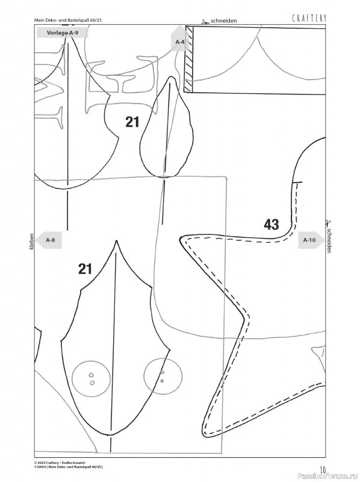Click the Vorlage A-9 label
(63, 33)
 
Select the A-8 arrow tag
(49, 240)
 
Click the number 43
(272, 224)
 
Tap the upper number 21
(132, 122)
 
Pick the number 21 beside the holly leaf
(85, 269)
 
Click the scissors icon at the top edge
(205, 22)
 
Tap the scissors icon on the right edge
(327, 222)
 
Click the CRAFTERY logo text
(309, 19)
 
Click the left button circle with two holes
(91, 378)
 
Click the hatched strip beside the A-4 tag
(188, 59)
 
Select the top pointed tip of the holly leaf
(116, 240)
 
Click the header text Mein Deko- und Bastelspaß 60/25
(68, 20)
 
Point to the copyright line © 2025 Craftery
(59, 462)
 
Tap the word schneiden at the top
(223, 21)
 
